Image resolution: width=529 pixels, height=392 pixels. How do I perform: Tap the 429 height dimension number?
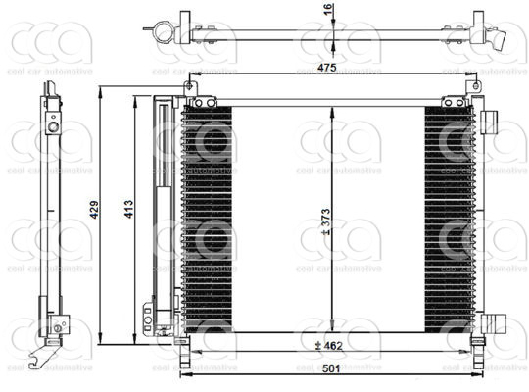[94, 209]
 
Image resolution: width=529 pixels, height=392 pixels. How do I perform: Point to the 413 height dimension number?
[128, 209]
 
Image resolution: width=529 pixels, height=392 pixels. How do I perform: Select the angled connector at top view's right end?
[498, 41]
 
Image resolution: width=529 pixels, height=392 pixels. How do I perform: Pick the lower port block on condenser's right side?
[494, 325]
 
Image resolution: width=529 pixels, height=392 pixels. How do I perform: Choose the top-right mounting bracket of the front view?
[454, 101]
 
